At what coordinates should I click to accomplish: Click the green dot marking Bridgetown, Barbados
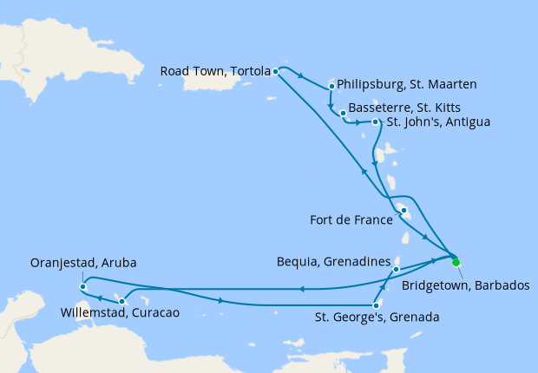[x=456, y=262]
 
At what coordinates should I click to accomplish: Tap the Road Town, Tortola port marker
[x=275, y=71]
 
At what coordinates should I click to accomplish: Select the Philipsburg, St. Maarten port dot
[x=331, y=86]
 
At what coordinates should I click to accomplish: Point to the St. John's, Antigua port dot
[x=375, y=122]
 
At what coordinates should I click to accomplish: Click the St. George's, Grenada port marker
[x=374, y=304]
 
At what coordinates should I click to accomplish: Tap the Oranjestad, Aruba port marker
[x=82, y=286]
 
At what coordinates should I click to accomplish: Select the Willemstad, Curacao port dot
[x=121, y=301]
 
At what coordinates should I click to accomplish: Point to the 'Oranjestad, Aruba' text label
[x=83, y=262]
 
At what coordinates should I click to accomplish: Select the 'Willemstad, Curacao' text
[x=120, y=312]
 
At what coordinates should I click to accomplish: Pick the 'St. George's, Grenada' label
[x=376, y=317]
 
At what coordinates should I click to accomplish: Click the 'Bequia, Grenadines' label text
[x=331, y=260]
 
